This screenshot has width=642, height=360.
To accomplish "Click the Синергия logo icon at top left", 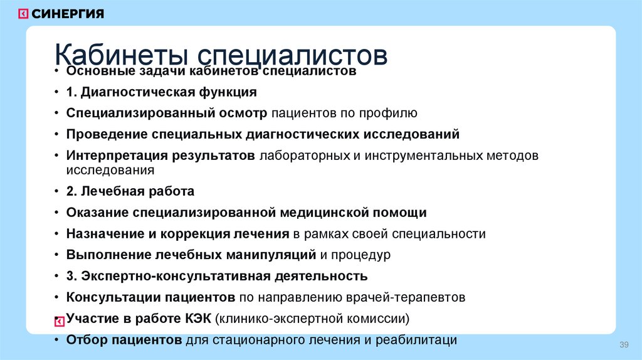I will click(23, 13).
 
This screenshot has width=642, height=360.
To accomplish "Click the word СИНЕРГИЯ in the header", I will click(68, 13).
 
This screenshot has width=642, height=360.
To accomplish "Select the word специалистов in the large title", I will click(288, 55).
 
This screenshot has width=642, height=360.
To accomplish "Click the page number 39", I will click(623, 346).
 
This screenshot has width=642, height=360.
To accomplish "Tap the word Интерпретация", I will click(109, 155).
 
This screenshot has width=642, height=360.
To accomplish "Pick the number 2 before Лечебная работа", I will click(70, 191).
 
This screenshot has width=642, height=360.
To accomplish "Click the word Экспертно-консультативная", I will click(166, 276).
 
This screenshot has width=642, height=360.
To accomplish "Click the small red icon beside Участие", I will click(59, 321).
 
